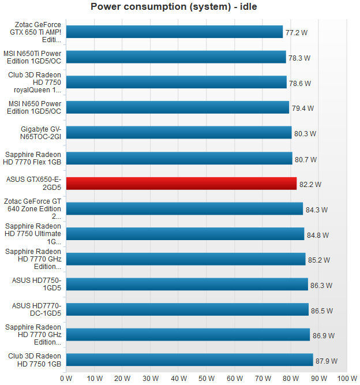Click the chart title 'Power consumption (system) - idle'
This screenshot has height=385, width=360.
(x=174, y=7)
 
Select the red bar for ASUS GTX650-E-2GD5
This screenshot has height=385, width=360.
(x=181, y=184)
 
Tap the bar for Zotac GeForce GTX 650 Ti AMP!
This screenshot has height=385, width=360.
(x=174, y=32)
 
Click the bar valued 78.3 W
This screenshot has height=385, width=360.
(x=176, y=57)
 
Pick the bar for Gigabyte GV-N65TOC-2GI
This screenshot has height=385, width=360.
(x=179, y=133)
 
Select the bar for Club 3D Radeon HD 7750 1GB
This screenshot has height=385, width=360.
(x=189, y=360)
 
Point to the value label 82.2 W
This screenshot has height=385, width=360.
(x=310, y=185)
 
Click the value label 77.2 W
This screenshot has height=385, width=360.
(x=297, y=33)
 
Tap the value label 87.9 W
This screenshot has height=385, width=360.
(x=327, y=361)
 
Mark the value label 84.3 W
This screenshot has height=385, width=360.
(x=317, y=210)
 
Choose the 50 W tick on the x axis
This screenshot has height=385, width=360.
(x=207, y=378)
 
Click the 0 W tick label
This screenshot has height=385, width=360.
(x=66, y=378)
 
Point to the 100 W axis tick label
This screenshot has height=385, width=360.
(x=347, y=378)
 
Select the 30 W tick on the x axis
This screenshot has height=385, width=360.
(x=151, y=378)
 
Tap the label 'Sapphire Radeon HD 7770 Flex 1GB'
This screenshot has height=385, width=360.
(x=33, y=158)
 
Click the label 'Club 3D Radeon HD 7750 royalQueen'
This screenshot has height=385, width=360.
(x=34, y=83)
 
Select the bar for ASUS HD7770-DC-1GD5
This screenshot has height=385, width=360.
(x=187, y=309)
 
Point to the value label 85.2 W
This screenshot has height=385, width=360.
(x=319, y=260)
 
